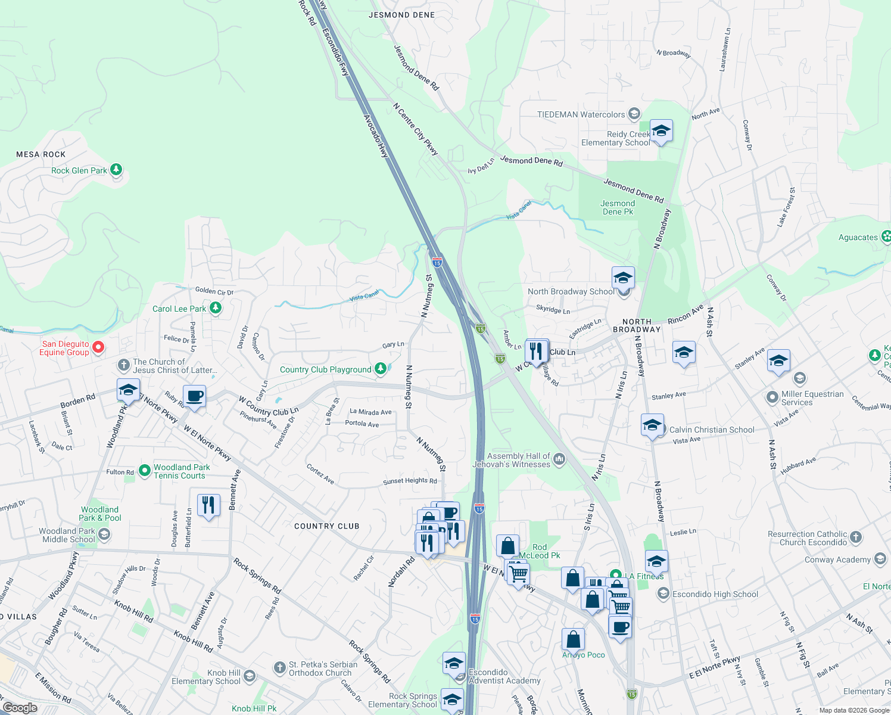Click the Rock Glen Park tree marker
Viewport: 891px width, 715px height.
coord(116,170)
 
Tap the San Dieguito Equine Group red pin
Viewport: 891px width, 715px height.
coord(98,347)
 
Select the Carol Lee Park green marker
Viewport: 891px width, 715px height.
coord(216,308)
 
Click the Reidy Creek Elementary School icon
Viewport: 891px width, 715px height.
coord(661,131)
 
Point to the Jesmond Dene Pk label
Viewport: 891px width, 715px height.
coord(618,207)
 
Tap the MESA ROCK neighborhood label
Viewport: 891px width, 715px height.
coord(41,154)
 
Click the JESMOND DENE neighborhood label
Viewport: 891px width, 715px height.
coord(402,15)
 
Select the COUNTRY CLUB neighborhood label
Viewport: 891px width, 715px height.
coord(327,526)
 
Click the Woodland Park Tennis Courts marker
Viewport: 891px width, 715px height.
coord(145,471)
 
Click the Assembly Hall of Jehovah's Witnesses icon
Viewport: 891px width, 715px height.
coord(559,459)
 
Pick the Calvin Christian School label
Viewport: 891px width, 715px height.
coord(712,430)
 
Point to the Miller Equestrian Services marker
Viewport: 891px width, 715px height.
coord(772,397)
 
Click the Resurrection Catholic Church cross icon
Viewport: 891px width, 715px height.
coord(856,537)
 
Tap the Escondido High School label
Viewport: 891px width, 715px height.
coord(715,594)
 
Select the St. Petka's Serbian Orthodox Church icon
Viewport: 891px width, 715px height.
coord(280,667)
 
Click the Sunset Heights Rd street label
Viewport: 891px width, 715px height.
coord(410,481)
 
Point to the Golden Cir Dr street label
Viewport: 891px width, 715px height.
coord(214,291)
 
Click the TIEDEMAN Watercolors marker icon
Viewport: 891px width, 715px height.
coord(634,114)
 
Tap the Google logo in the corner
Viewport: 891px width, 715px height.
coord(20,708)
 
